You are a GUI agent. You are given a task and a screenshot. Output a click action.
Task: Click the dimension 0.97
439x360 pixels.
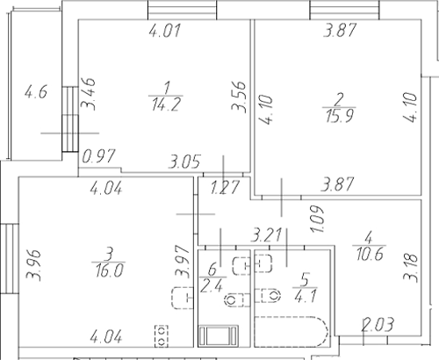[98, 158]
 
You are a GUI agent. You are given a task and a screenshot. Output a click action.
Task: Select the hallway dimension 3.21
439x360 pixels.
[267, 234]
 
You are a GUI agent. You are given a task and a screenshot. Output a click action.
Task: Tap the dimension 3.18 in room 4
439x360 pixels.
[409, 268]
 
